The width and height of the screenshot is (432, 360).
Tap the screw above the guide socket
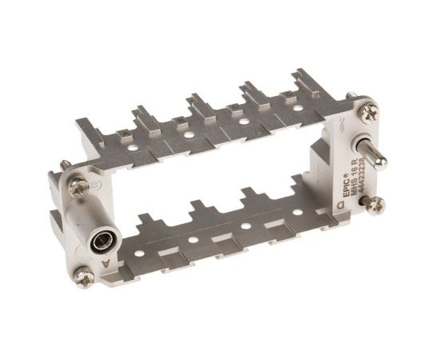(x=78, y=187)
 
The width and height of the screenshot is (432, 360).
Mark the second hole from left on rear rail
(x=189, y=134)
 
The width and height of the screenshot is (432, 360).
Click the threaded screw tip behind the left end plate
(x=61, y=168)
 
